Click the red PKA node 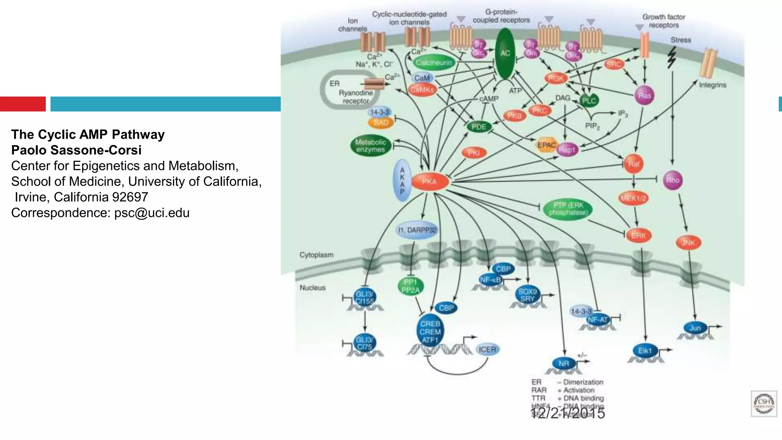(430, 182)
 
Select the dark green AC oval (505, 53)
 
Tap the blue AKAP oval (402, 181)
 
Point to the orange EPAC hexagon (546, 145)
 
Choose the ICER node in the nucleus (487, 349)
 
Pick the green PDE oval (478, 127)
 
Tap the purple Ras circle (645, 95)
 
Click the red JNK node (688, 243)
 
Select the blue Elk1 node (645, 351)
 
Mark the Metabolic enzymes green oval (370, 146)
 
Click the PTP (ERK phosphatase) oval (568, 209)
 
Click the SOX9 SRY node (527, 295)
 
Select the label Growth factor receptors (663, 21)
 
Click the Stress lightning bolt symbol (672, 57)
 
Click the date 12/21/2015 (567, 413)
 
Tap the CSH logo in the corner (763, 403)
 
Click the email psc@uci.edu (152, 213)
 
